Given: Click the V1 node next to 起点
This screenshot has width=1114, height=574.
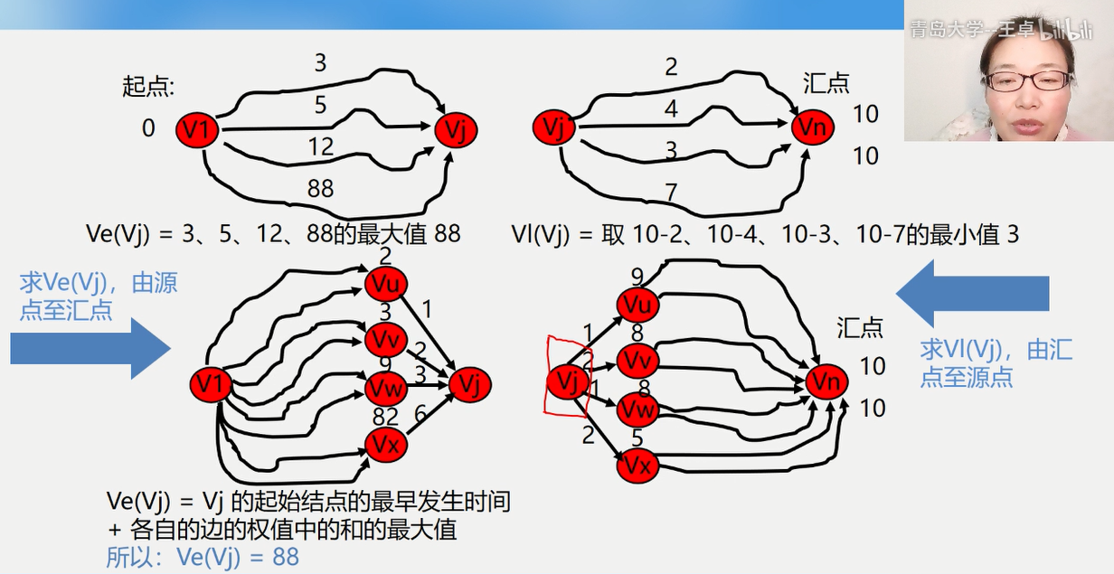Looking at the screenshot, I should pyautogui.click(x=197, y=131).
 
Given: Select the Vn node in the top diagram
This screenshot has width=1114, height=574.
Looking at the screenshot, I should pyautogui.click(x=812, y=128).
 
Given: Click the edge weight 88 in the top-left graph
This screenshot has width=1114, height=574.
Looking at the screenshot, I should pyautogui.click(x=320, y=189).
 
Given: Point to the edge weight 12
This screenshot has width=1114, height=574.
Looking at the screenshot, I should pyautogui.click(x=320, y=146).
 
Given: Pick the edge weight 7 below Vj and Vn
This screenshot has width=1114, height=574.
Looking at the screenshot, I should pyautogui.click(x=670, y=192).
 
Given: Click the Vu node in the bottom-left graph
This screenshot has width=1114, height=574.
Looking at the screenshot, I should pyautogui.click(x=386, y=284).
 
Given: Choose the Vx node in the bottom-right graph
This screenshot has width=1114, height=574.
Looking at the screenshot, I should pyautogui.click(x=638, y=467).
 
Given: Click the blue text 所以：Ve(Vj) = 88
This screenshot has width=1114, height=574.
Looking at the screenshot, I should pyautogui.click(x=203, y=557).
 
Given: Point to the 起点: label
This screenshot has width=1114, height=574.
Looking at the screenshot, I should pyautogui.click(x=148, y=87).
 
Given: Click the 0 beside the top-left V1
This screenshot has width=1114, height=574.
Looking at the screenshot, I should pyautogui.click(x=148, y=128).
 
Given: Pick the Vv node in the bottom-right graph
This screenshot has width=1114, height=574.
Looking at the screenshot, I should pyautogui.click(x=638, y=361).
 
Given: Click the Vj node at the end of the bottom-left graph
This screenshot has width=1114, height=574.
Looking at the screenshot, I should pyautogui.click(x=469, y=384).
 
